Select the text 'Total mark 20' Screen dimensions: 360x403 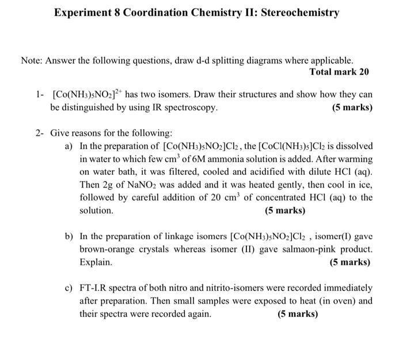[339, 72]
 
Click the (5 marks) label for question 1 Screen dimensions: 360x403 [352, 108]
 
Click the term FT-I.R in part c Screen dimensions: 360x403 [94, 288]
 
